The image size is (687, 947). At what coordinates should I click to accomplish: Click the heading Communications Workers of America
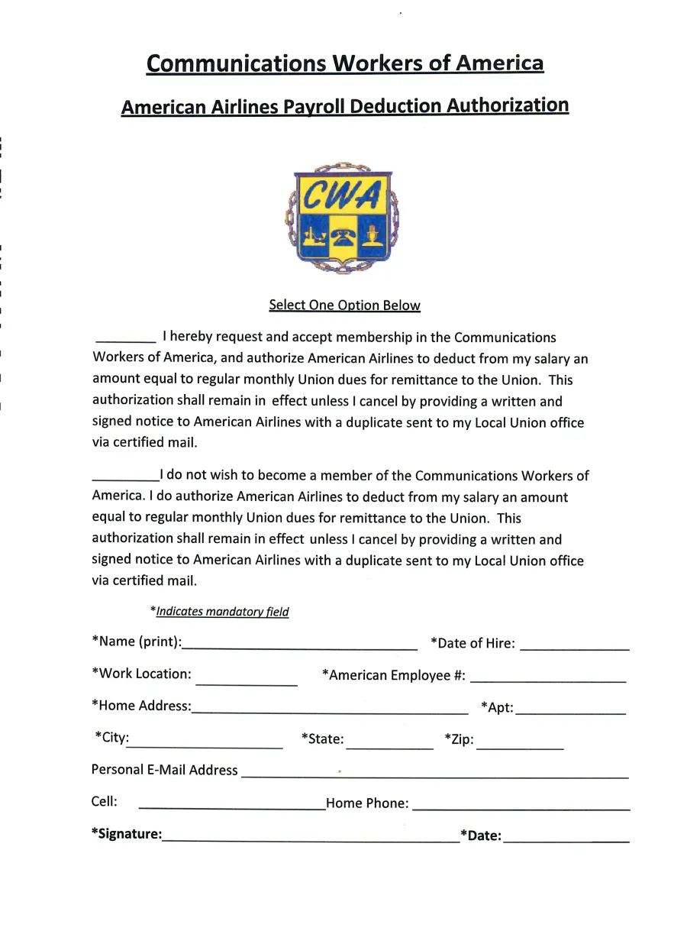click(344, 63)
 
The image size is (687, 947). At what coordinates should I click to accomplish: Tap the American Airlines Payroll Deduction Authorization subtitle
click(344, 106)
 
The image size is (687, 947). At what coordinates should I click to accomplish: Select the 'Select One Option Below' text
click(344, 305)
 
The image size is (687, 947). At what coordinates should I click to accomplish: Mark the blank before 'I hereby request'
click(125, 339)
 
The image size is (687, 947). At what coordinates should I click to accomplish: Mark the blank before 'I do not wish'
click(125, 478)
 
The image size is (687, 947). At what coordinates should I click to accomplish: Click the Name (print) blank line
click(299, 646)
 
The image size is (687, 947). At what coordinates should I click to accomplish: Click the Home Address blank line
click(330, 710)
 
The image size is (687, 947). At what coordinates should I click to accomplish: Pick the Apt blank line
click(570, 711)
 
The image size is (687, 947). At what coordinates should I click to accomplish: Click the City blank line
click(206, 745)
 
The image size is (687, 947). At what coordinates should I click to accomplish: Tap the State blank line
click(389, 745)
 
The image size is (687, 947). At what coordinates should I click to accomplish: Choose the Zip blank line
click(520, 745)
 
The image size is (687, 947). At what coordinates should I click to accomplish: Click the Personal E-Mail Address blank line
click(434, 775)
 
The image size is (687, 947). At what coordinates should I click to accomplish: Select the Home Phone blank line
click(521, 806)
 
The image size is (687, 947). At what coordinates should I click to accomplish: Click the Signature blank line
click(311, 839)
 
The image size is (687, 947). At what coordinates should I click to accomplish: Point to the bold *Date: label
click(480, 835)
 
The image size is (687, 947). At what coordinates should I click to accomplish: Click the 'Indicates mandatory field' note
click(220, 612)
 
